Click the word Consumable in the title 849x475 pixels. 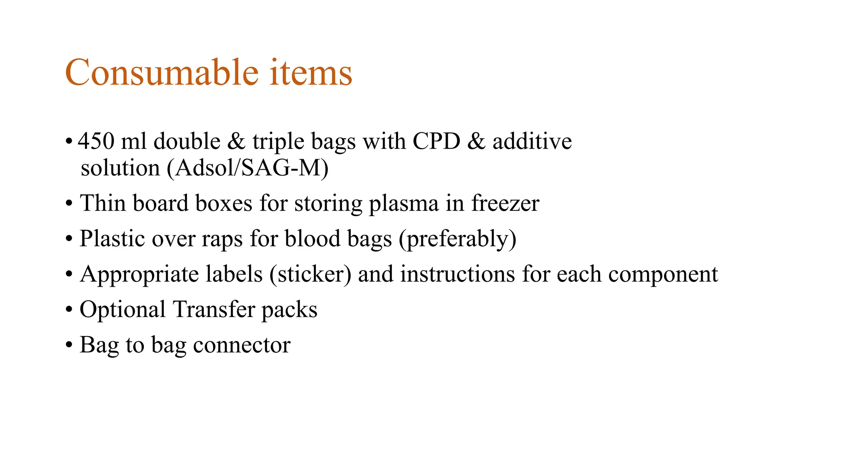click(162, 73)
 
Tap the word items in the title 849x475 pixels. click(311, 73)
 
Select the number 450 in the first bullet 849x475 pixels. click(96, 141)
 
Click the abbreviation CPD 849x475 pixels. click(436, 141)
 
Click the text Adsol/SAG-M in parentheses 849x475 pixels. click(248, 168)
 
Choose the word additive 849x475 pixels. click(532, 141)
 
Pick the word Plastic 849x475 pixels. click(112, 239)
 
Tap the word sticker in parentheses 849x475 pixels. click(310, 274)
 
